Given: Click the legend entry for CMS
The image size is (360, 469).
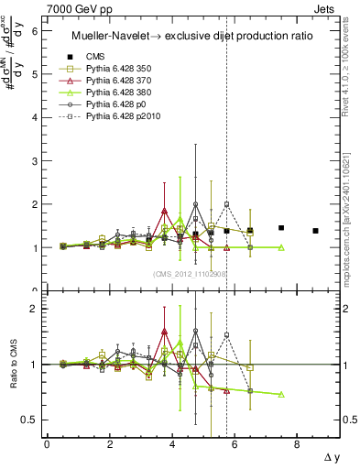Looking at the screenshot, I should point(90,56).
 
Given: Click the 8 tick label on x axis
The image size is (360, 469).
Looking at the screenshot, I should point(297,442).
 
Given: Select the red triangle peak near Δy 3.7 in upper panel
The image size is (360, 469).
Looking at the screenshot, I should point(164,211).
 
